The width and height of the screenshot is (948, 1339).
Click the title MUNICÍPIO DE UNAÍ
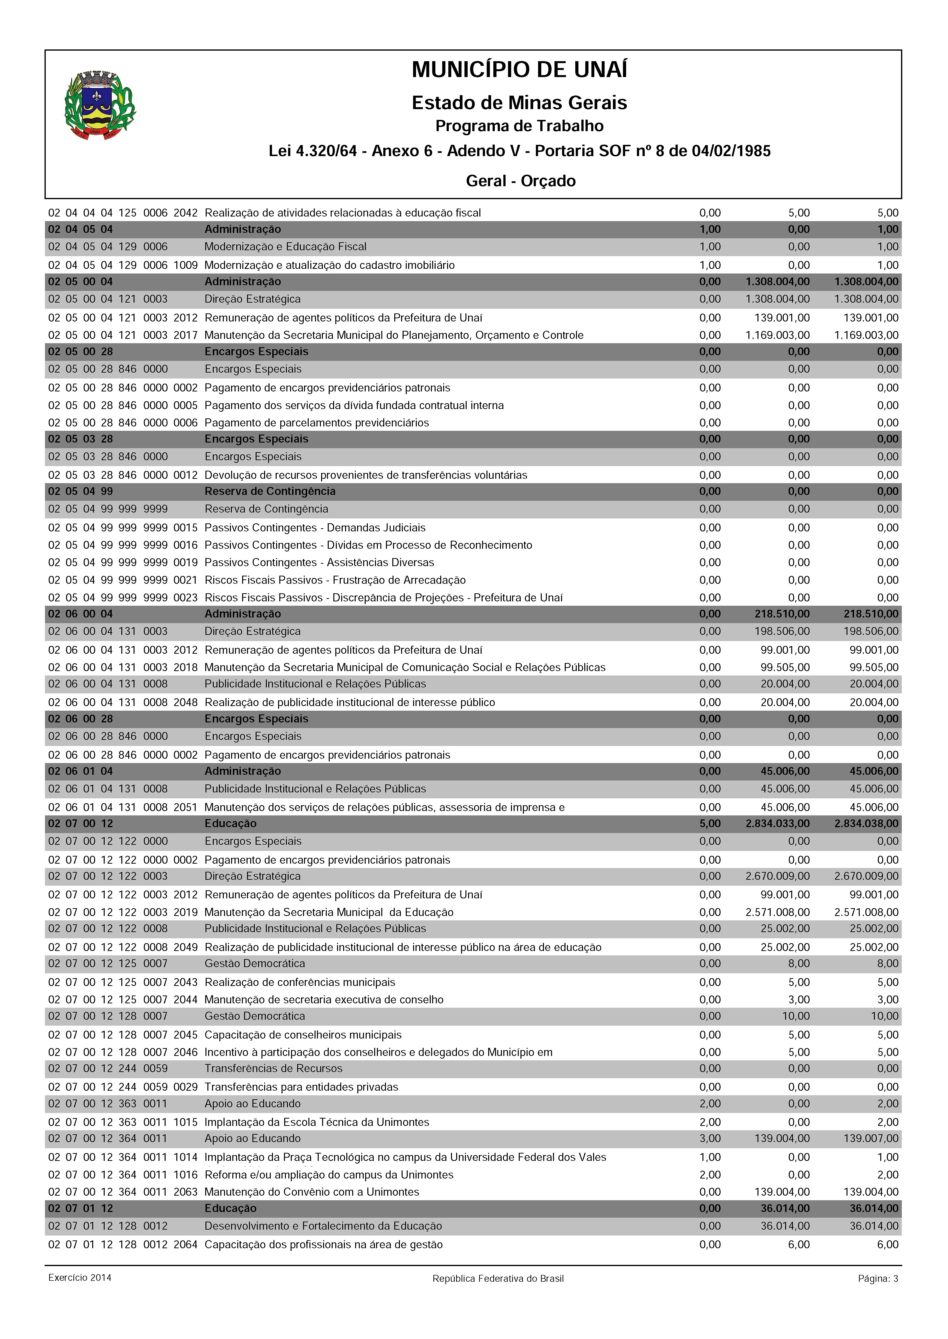coord(519,70)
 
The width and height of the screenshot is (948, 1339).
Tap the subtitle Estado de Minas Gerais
coord(519,103)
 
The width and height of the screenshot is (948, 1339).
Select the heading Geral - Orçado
coord(520,181)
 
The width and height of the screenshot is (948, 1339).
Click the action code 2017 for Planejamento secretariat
coord(186,335)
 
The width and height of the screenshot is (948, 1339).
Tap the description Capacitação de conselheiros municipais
coord(303,1035)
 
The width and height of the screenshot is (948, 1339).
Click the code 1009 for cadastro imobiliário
coord(186,265)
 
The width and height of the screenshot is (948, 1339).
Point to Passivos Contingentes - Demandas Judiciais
coord(315,528)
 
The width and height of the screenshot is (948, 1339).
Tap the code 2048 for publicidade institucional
coord(186,702)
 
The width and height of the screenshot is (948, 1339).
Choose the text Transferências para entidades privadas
coord(301,1087)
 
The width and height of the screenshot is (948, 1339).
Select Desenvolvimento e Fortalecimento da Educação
coord(323,1226)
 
